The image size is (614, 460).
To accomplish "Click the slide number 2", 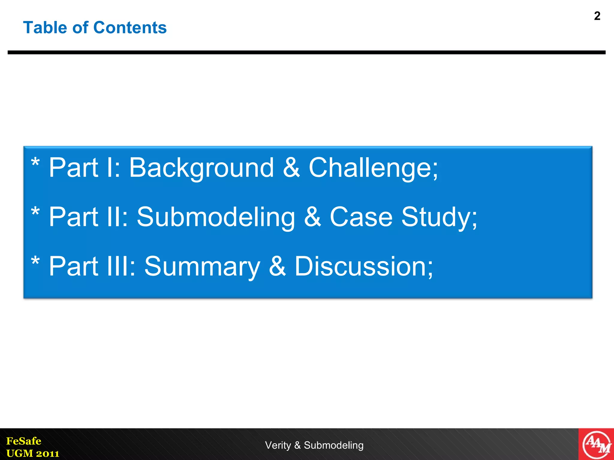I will [x=597, y=16].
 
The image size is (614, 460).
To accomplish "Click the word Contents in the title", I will [x=130, y=28].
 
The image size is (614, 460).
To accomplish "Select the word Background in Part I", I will [x=201, y=168].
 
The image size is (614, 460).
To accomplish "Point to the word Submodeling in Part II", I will [x=216, y=217].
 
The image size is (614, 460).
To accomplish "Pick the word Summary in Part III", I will [x=202, y=266].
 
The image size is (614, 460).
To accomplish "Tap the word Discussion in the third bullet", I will [x=361, y=266].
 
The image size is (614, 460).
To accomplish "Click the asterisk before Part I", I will [x=35, y=164].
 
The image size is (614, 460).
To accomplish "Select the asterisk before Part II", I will [x=35, y=212].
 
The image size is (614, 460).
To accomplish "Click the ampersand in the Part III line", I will [x=277, y=266].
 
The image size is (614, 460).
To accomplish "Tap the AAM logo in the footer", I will [x=596, y=444].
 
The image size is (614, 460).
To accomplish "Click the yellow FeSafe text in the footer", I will [x=24, y=441].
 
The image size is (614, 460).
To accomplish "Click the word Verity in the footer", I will [x=278, y=445].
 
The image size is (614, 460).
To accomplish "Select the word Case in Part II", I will [x=361, y=217].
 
